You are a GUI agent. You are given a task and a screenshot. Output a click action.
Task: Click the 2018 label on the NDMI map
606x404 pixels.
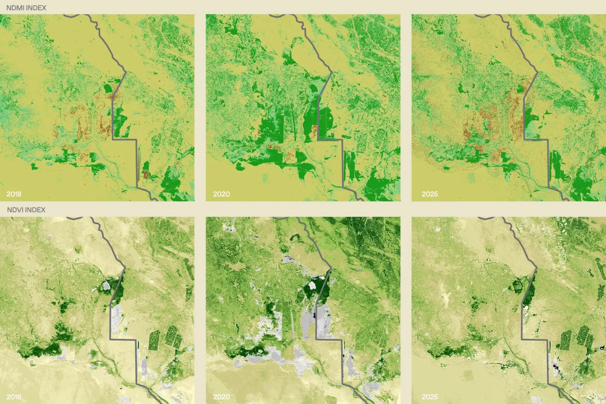tap(14, 193)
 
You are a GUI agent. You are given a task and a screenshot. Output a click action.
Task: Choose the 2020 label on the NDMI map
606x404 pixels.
tap(221, 193)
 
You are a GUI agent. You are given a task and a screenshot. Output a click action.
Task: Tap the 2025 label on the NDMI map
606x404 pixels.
tap(429, 193)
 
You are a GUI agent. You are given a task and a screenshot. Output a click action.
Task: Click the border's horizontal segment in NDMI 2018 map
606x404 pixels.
tap(124, 139)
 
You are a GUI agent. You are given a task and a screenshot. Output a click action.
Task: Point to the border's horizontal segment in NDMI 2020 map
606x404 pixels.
tap(330, 139)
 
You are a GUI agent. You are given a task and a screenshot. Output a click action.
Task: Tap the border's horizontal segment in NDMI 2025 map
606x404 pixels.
tap(536, 139)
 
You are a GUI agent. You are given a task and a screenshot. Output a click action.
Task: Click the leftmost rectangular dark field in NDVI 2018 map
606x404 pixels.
tap(154, 340)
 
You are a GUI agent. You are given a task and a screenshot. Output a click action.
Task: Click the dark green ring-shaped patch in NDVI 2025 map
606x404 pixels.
tap(517, 285)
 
